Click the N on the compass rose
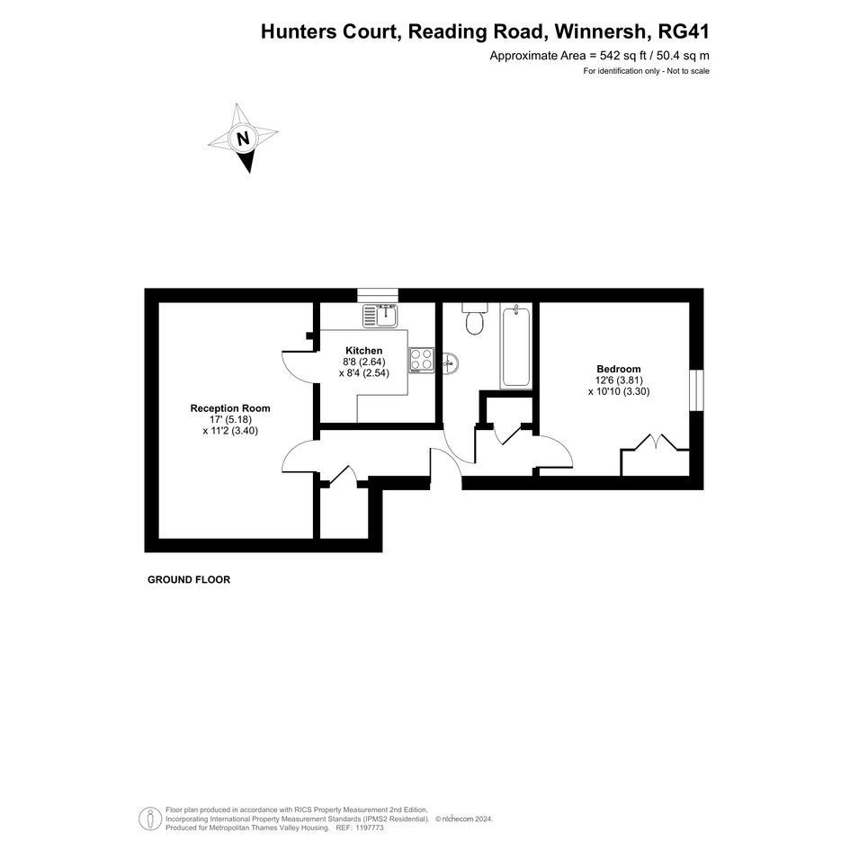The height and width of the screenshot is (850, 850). tap(244, 139)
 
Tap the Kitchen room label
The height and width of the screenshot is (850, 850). tap(363, 351)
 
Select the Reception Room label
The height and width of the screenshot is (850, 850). tap(230, 408)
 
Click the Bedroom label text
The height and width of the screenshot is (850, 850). tap(619, 369)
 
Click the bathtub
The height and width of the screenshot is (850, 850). tap(516, 346)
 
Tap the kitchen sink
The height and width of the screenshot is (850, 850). tap(380, 316)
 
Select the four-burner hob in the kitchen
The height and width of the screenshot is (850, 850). tap(421, 360)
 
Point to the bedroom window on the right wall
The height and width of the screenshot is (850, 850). tap(696, 390)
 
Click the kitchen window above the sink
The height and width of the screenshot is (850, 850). tap(378, 295)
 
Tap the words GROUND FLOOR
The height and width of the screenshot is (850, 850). tap(189, 579)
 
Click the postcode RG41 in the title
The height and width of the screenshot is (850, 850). tap(683, 31)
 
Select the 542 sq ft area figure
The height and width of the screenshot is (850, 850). tap(624, 55)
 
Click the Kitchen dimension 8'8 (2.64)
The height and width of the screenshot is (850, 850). tap(363, 362)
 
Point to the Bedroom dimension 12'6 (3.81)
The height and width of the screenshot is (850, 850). tap(619, 380)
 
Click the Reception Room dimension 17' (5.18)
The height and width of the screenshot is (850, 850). tap(230, 419)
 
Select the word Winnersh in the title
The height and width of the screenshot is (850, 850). tap(601, 31)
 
